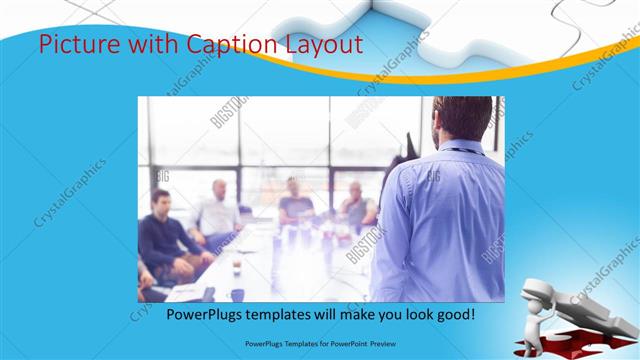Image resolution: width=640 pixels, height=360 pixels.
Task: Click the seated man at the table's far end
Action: (295, 200)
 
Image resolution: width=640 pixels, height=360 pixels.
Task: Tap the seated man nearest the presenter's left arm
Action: (355, 205)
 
